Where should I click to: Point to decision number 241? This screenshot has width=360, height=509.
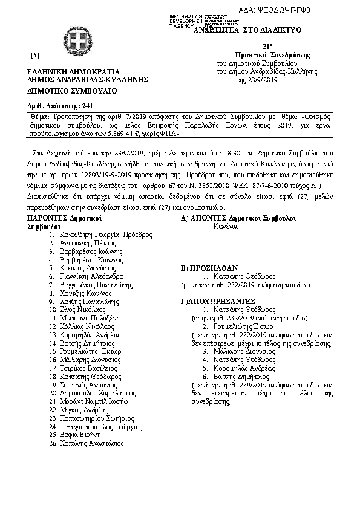click(87, 106)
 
